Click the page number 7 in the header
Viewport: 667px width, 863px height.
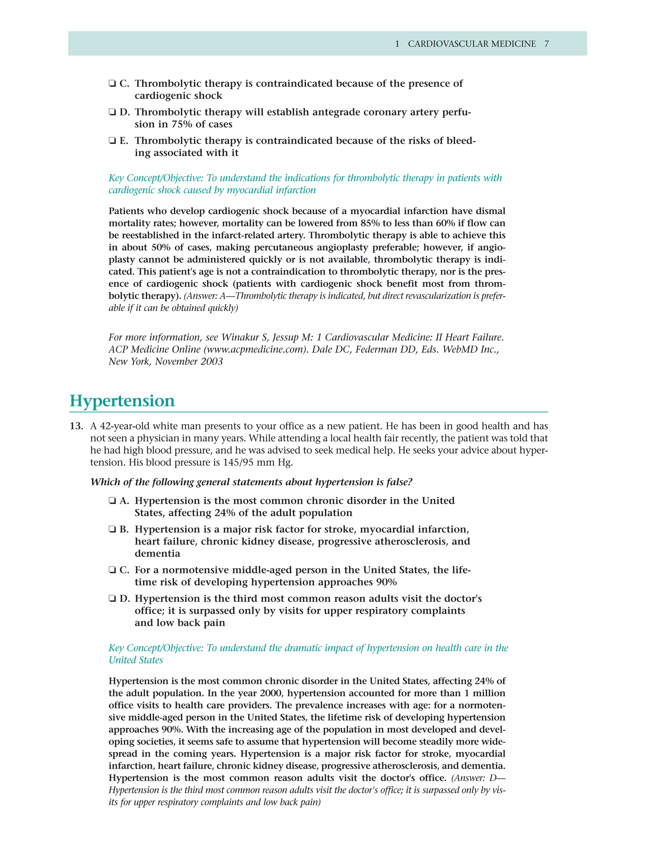point(546,44)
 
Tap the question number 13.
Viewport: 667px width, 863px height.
point(76,426)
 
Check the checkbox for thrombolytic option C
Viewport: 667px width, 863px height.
point(112,83)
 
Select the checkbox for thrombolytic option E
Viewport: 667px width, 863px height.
point(112,141)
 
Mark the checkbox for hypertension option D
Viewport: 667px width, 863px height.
point(112,599)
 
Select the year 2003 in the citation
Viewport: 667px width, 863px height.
point(211,361)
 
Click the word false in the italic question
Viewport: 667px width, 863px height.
point(398,482)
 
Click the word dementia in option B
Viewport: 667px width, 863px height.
point(157,554)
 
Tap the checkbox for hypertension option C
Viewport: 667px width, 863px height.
point(112,570)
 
